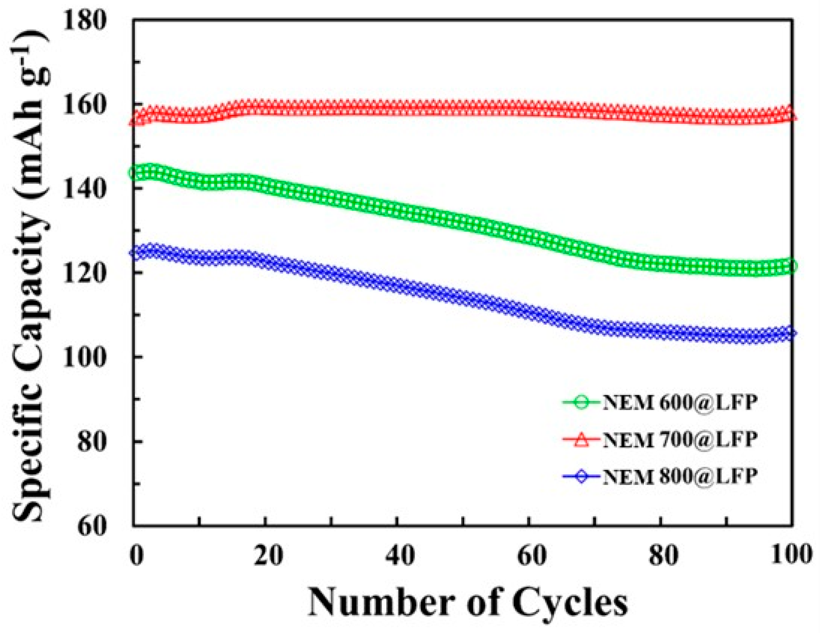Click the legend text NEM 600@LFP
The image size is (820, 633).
click(x=680, y=403)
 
